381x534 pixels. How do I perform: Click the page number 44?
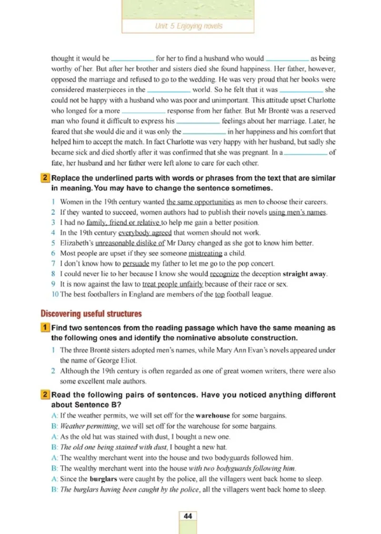[188, 516]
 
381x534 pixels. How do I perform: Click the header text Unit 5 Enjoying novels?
[189, 26]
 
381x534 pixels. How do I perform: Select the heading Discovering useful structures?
[91, 313]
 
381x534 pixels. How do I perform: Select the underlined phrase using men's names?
[297, 212]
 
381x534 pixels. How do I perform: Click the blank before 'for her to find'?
[132, 60]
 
